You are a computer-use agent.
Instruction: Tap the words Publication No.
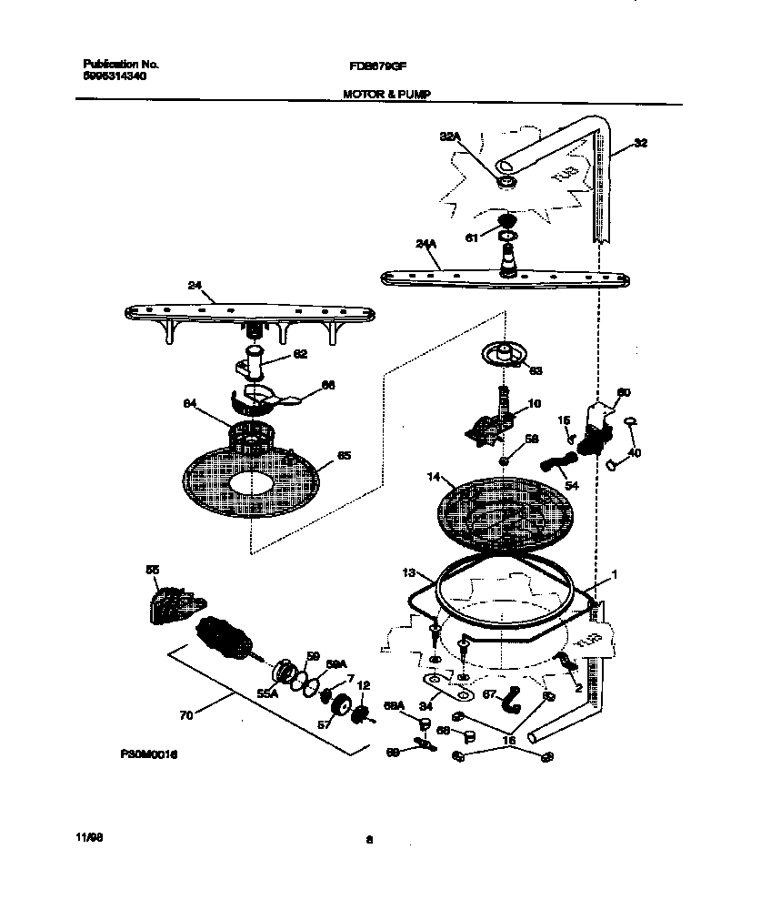(121, 65)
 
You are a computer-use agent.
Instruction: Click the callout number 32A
(451, 136)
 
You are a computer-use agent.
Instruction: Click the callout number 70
(186, 716)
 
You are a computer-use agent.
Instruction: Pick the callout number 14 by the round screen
(434, 476)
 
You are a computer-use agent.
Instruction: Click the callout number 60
(624, 393)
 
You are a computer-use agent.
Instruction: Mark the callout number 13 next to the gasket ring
(408, 572)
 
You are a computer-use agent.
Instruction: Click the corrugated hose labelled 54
(557, 466)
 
